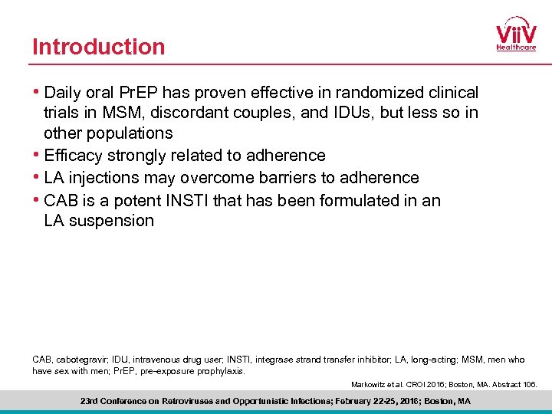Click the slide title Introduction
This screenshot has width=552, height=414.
pos(98,47)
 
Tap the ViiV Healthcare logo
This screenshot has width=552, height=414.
pos(516,34)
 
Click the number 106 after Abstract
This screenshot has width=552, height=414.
pos(530,384)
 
